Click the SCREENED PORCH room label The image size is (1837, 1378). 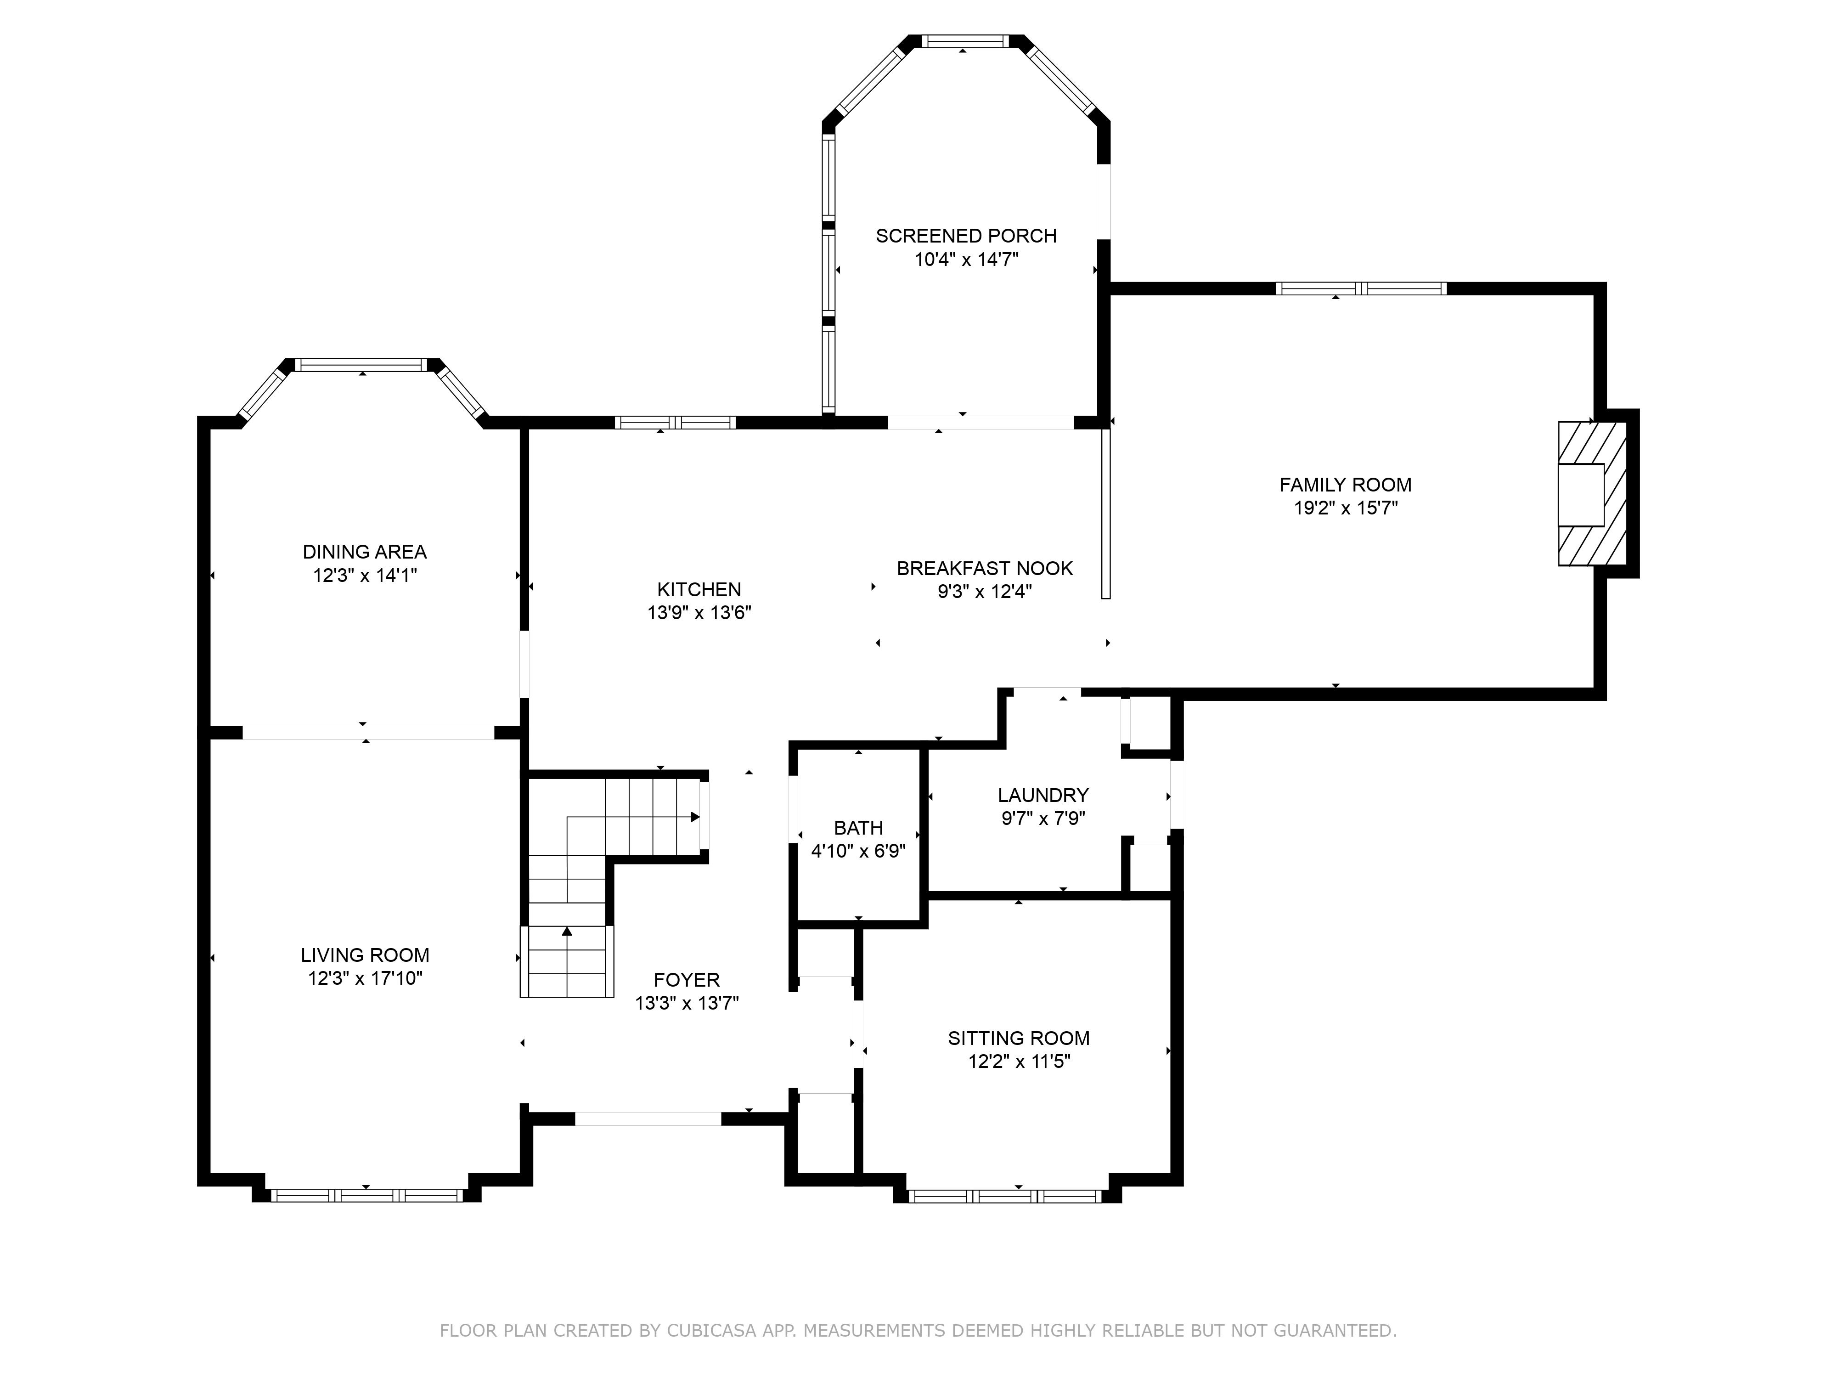(x=966, y=236)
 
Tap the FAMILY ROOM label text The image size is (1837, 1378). (x=1345, y=485)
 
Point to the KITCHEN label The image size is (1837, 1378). (x=699, y=590)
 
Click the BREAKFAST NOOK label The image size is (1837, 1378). (x=985, y=569)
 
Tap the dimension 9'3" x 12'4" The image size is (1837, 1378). (x=985, y=592)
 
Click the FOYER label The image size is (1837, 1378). (x=687, y=980)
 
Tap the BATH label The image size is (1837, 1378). (x=859, y=828)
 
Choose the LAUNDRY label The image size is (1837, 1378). (x=1043, y=796)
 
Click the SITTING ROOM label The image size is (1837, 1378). (x=1019, y=1038)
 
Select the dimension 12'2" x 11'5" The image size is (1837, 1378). (x=1019, y=1062)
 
